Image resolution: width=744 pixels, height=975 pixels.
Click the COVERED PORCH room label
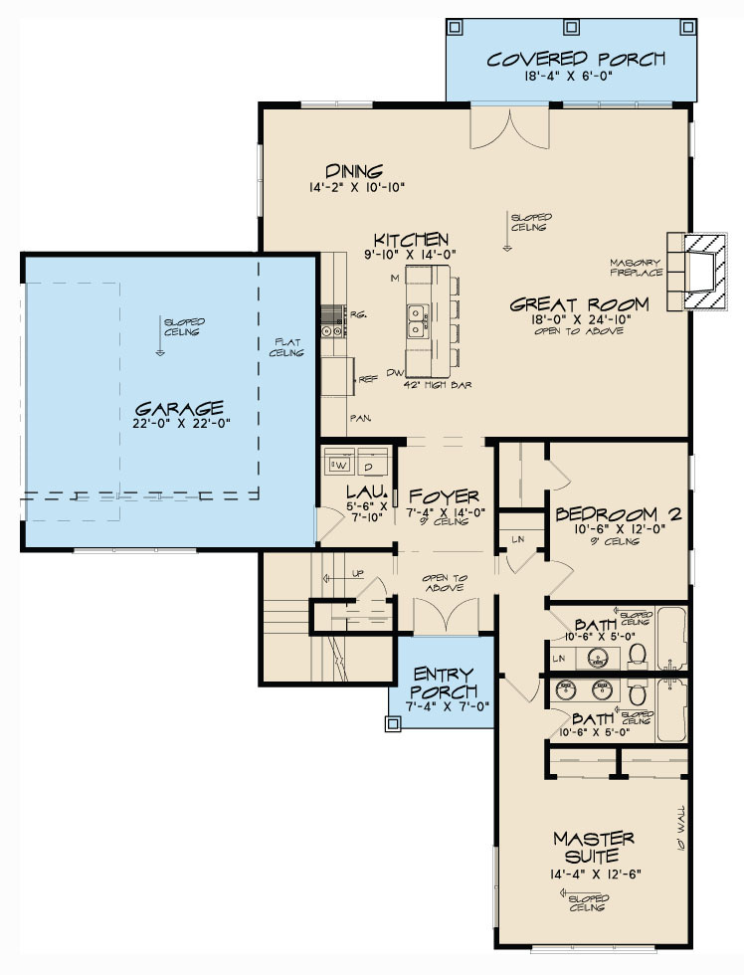[575, 59]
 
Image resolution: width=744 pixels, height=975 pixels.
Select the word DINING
[354, 171]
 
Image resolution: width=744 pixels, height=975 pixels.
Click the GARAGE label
[179, 408]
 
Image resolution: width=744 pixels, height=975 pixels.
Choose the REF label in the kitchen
[367, 378]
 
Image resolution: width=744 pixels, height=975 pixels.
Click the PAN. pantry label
[359, 418]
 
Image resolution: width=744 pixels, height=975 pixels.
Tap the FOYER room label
[444, 495]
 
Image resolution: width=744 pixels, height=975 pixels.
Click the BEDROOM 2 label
[618, 514]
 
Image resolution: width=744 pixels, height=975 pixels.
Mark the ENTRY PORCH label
[444, 682]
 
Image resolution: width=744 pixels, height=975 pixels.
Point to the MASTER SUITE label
[593, 847]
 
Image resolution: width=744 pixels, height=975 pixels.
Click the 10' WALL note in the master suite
[682, 832]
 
